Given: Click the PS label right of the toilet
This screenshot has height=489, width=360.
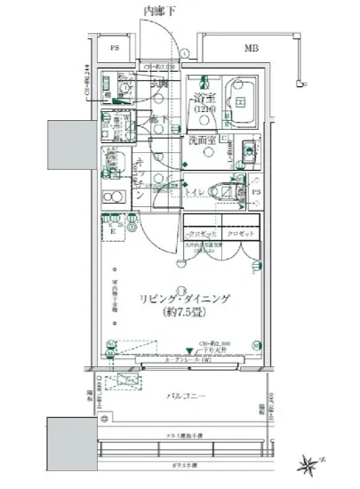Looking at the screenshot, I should point(254,190).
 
